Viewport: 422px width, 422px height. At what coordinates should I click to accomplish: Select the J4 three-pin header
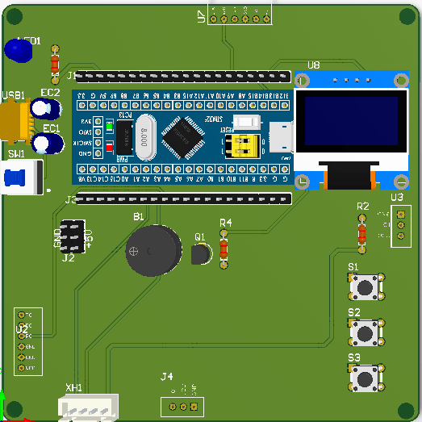(182, 406)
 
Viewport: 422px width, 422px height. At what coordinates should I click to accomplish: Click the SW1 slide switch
(23, 177)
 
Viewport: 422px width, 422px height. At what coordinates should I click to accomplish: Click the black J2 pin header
(72, 236)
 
